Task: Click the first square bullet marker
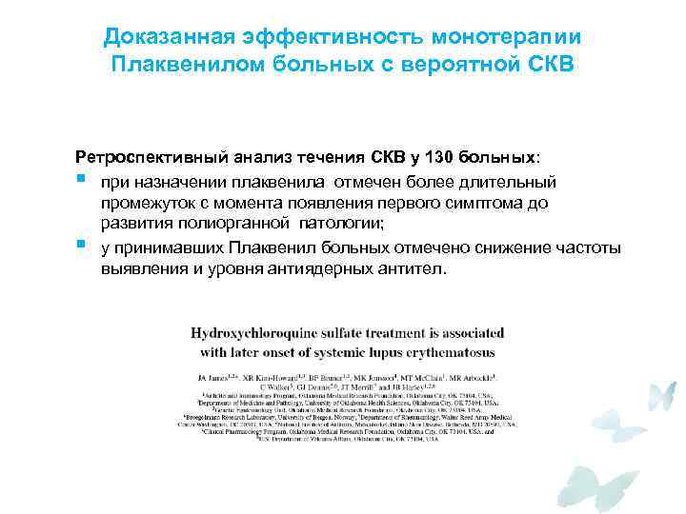tap(82, 177)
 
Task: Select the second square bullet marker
tap(82, 246)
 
